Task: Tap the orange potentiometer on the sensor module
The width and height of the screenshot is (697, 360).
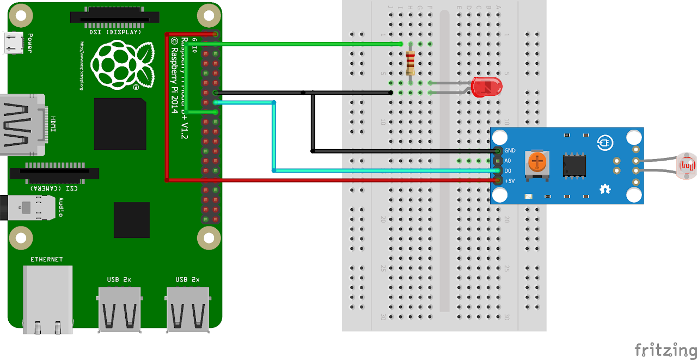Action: [x=537, y=161]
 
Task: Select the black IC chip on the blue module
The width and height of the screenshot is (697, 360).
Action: [x=574, y=164]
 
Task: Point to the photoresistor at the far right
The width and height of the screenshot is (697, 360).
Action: [x=688, y=166]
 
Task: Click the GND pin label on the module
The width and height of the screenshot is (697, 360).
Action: [x=510, y=151]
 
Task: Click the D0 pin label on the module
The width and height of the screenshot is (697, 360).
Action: [x=508, y=170]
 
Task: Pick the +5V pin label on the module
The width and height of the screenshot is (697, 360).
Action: [x=510, y=181]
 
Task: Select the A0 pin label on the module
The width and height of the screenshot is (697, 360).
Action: [x=508, y=161]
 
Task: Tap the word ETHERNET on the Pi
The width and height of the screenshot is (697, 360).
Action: [x=46, y=259]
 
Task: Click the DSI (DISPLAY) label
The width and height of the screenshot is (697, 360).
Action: [x=115, y=32]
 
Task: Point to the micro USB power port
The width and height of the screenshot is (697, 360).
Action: [x=13, y=43]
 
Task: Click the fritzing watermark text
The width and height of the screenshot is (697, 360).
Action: [x=665, y=349]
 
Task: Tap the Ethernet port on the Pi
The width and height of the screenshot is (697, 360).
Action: [x=47, y=298]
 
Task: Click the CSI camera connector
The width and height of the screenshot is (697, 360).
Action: [x=54, y=174]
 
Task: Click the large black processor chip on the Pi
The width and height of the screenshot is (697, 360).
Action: [x=120, y=124]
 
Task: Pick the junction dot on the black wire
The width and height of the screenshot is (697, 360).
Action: [x=304, y=93]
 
